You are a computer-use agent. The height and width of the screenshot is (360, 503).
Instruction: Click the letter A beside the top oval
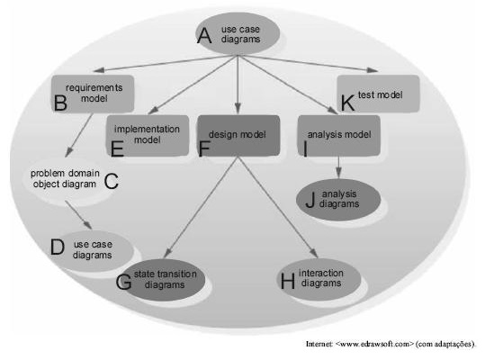pos(204,36)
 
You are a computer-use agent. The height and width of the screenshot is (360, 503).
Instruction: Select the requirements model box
pos(93,94)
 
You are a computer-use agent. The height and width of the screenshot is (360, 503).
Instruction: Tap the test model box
pos(378,94)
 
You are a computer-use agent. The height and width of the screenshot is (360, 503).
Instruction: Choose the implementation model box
pos(148,135)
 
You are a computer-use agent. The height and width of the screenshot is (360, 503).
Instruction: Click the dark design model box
pos(238,135)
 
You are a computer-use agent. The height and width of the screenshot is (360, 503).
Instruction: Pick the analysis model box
pos(339,135)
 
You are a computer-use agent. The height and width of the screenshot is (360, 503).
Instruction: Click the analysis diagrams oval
pos(338,200)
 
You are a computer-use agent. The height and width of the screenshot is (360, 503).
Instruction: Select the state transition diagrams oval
pos(164,280)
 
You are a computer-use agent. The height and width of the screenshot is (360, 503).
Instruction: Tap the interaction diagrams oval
pos(319,279)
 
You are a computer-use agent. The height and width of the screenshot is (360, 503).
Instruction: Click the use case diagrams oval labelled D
pos(93,250)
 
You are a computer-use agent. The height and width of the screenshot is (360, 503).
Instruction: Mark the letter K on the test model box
pos(347,103)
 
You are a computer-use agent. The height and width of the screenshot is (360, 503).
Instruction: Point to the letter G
pos(123,282)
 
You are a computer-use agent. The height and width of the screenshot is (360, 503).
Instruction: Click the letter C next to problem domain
pos(112,181)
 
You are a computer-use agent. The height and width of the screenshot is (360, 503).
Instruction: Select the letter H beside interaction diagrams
pos(288,281)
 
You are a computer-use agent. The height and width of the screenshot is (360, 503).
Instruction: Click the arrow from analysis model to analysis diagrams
pos(338,167)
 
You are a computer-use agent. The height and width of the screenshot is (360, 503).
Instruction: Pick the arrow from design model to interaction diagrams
pos(278,207)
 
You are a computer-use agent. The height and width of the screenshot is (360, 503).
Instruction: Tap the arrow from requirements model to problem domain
pos(79,135)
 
